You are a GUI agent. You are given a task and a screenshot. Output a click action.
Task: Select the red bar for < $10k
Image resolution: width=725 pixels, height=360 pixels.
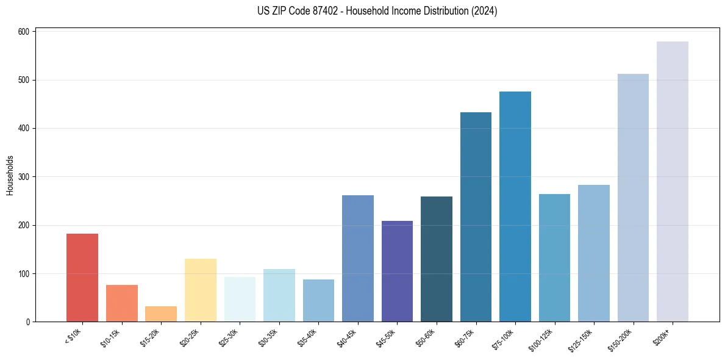pyautogui.click(x=82, y=278)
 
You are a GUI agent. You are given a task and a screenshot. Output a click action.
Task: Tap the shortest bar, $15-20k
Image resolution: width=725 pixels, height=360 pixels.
pyautogui.click(x=161, y=314)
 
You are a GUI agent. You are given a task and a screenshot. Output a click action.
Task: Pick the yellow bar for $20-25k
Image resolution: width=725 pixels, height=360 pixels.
pyautogui.click(x=200, y=290)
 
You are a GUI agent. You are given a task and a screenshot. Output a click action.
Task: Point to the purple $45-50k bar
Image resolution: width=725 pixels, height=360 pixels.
pyautogui.click(x=397, y=271)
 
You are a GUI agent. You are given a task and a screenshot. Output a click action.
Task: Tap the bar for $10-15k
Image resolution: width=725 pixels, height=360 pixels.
pyautogui.click(x=121, y=303)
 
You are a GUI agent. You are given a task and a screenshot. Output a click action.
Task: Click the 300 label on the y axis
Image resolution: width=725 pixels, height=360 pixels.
pyautogui.click(x=25, y=177)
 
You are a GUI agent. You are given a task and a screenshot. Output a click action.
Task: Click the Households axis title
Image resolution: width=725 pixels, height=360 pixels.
pyautogui.click(x=10, y=175)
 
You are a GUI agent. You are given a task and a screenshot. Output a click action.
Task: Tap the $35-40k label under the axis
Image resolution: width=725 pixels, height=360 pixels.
pyautogui.click(x=308, y=337)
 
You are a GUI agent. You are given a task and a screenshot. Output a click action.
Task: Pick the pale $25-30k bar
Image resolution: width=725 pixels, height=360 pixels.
pyautogui.click(x=240, y=300)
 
